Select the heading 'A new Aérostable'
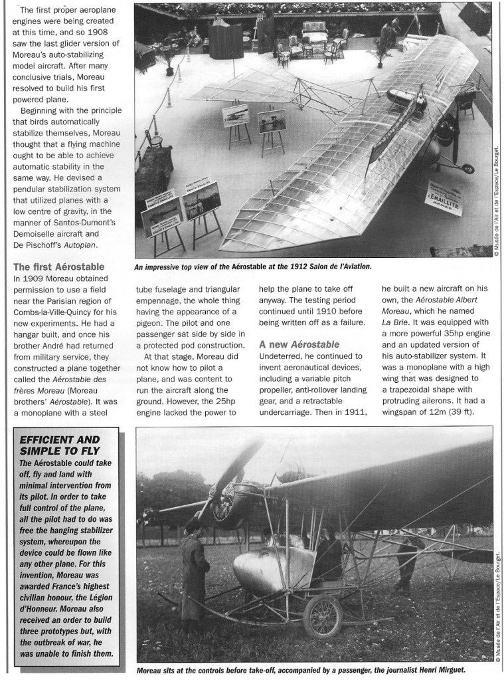[x=299, y=344]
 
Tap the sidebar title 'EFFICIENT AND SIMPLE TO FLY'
[x=60, y=446]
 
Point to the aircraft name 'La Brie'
[x=395, y=319]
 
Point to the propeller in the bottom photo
[x=219, y=485]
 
